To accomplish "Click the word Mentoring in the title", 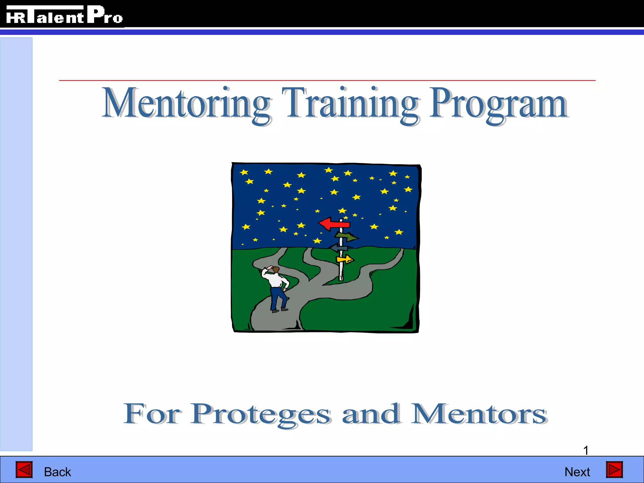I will click(x=186, y=104).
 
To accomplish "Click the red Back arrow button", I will click(x=24, y=470).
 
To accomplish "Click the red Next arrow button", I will click(x=614, y=470).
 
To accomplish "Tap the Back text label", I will click(x=58, y=472).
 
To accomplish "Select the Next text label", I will click(x=577, y=472).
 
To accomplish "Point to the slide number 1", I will click(x=586, y=450).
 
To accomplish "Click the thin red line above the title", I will click(x=327, y=80).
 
